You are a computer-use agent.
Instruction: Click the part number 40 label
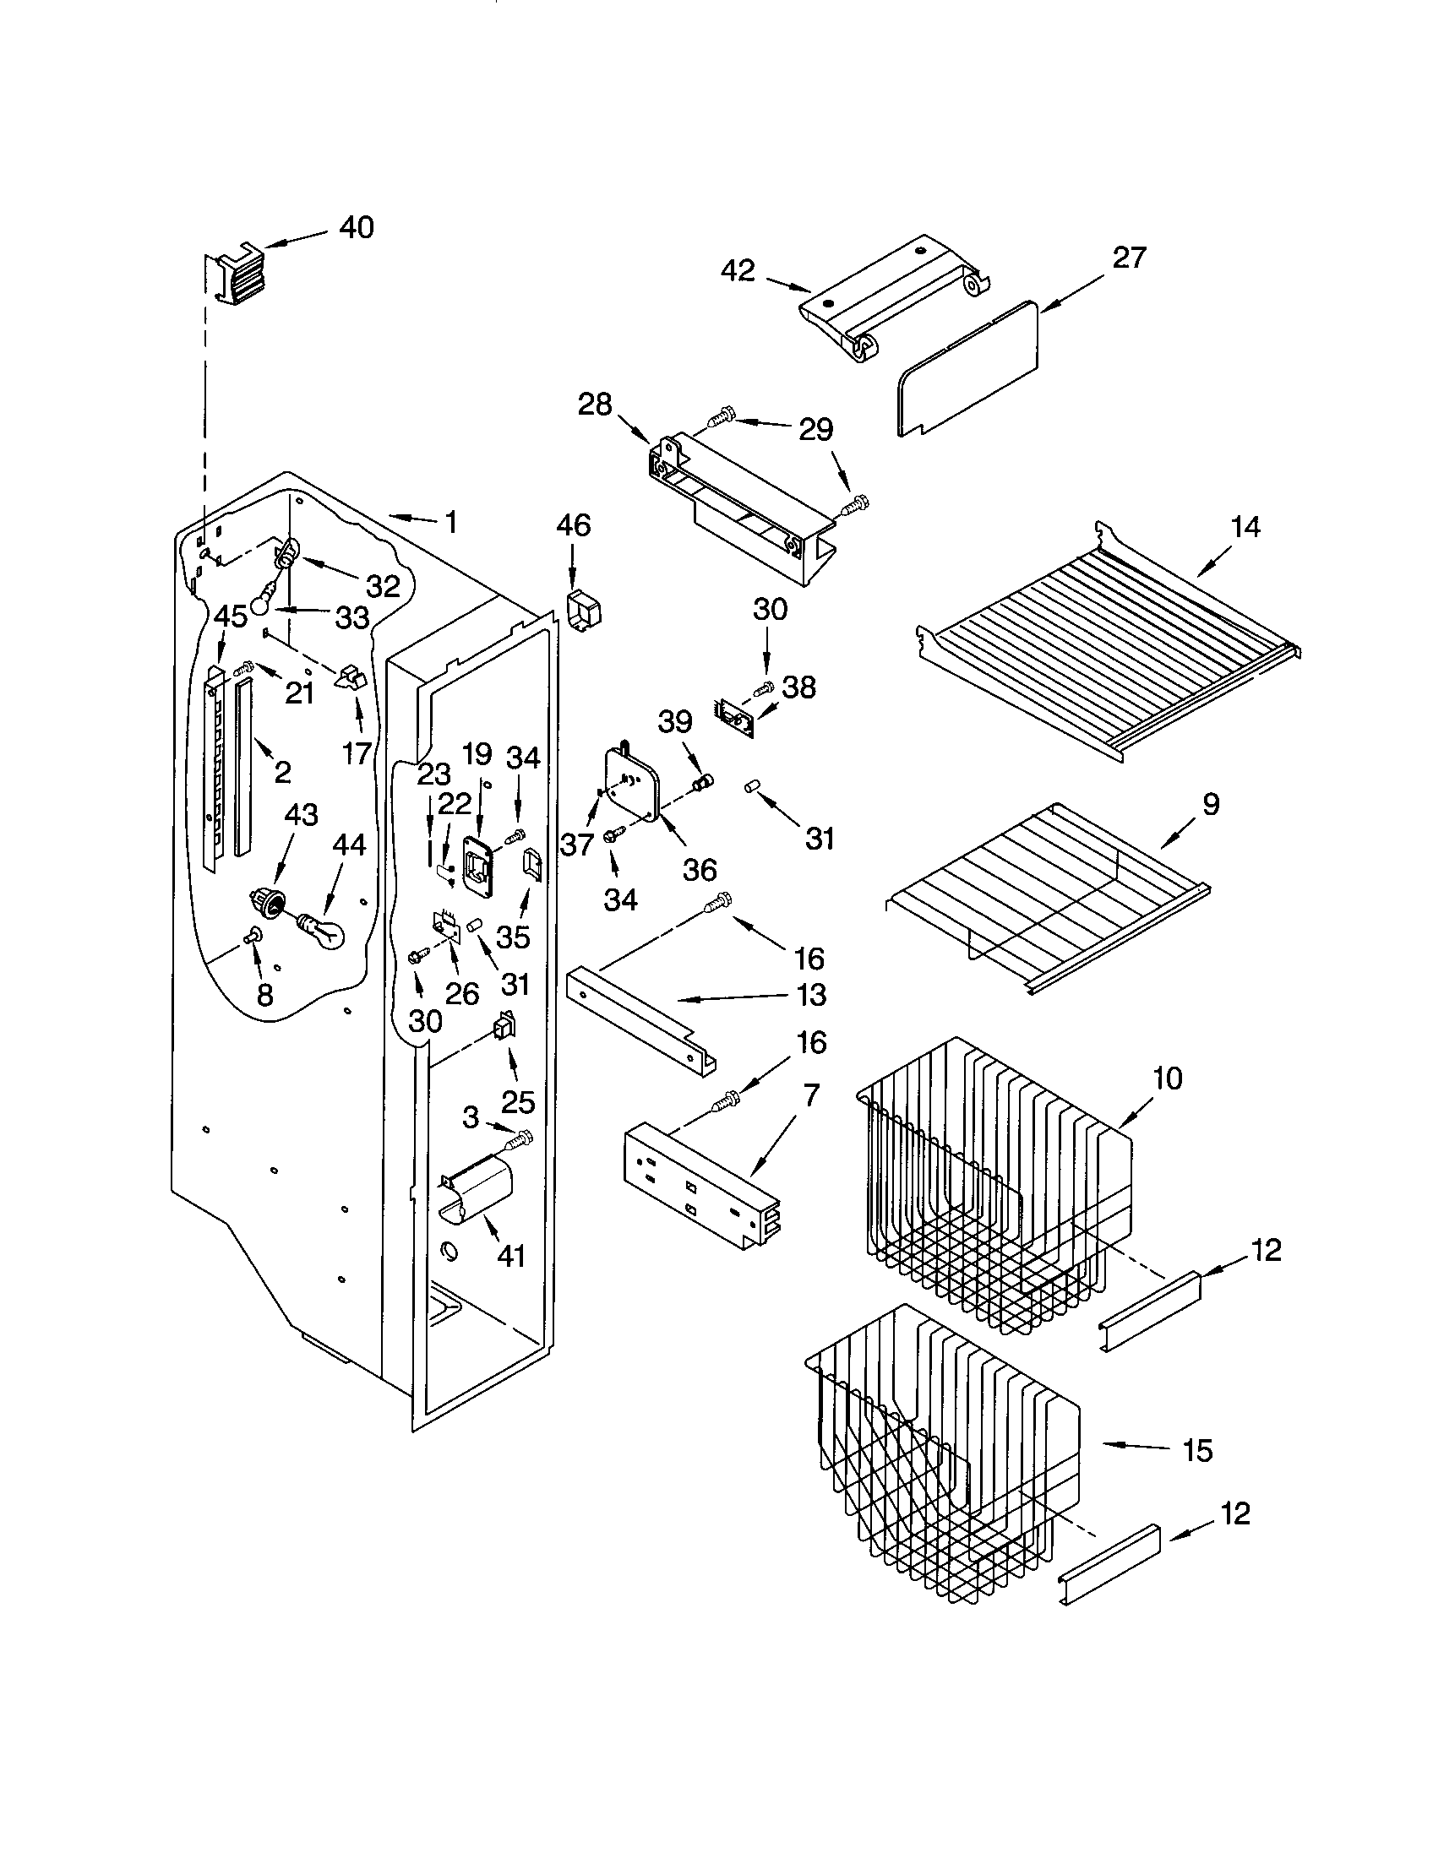[357, 227]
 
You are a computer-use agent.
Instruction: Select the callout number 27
[1129, 258]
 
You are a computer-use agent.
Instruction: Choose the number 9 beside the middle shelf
[1210, 804]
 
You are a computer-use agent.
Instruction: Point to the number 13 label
[813, 995]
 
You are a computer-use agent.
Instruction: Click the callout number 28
[595, 405]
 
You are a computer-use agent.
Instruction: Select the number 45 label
[230, 616]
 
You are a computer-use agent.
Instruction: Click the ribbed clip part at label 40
[234, 274]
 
